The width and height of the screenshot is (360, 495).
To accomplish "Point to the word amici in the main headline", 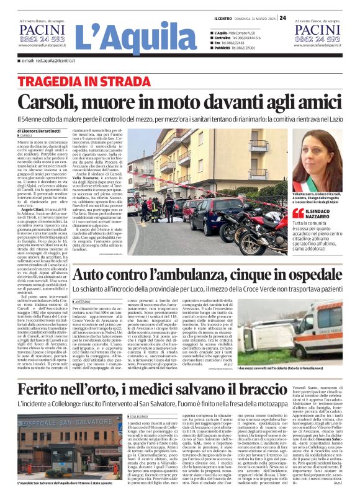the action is pyautogui.click(x=315, y=100).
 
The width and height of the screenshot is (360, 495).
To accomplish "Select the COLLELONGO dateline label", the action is pyautogui.click(x=138, y=417).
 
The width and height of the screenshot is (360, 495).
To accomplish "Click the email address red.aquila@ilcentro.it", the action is pyautogui.click(x=52, y=61).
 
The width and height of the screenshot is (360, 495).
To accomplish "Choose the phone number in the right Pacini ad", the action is pyautogui.click(x=318, y=39).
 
